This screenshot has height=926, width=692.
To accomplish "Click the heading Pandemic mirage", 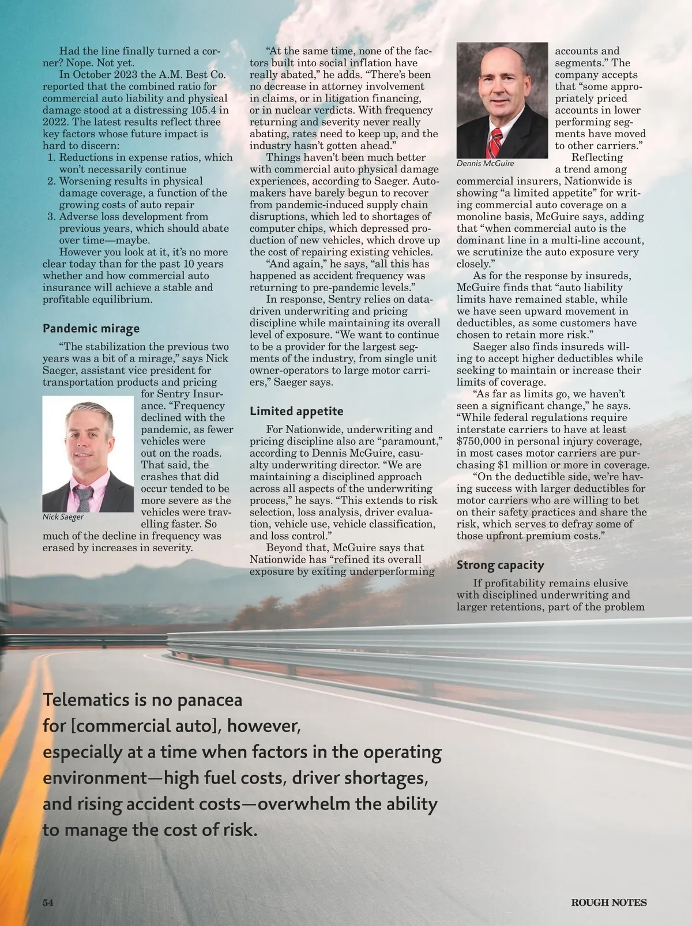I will (91, 329).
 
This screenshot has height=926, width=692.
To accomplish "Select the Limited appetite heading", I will (296, 411).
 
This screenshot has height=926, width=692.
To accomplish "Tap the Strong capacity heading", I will (500, 565).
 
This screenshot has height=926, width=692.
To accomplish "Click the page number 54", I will (48, 902).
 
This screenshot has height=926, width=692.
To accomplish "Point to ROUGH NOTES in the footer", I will (608, 902).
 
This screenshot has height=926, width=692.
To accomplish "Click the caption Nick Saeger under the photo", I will (63, 517).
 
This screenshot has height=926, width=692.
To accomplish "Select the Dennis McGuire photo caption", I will (485, 163).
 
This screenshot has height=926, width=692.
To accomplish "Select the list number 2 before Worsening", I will (51, 181).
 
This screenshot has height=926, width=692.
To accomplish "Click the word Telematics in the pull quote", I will (86, 700).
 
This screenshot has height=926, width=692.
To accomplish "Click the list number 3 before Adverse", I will (51, 217).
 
